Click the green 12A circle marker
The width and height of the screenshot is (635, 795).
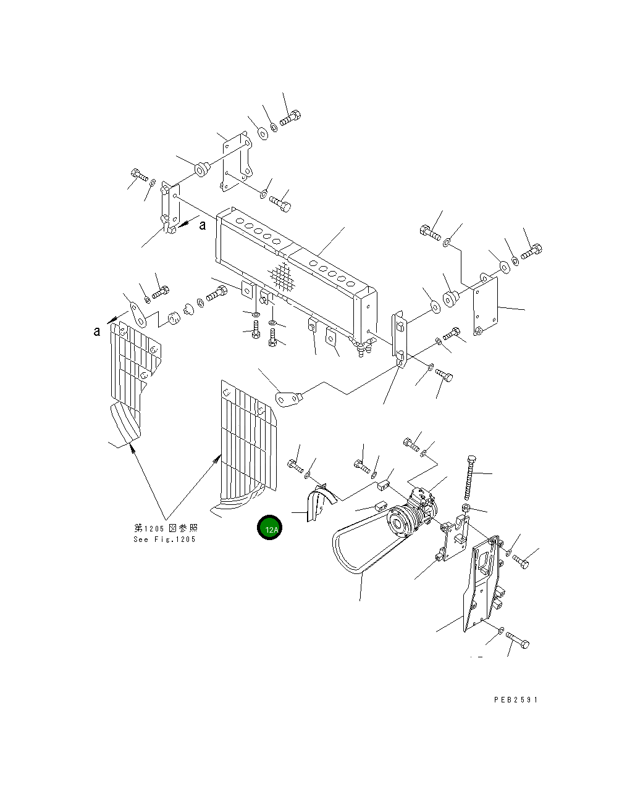tap(269, 527)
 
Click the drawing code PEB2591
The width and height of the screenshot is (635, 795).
tap(516, 700)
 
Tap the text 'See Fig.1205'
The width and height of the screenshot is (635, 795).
tap(164, 539)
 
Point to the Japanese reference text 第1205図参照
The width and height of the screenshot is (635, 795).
tap(166, 528)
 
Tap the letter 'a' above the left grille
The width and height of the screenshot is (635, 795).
tap(96, 331)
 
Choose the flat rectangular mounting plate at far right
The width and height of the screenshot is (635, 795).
tap(486, 304)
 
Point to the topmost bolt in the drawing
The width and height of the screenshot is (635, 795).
tap(290, 118)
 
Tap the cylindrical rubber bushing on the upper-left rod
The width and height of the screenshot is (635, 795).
tap(202, 169)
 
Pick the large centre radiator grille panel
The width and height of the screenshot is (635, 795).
tap(248, 439)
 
